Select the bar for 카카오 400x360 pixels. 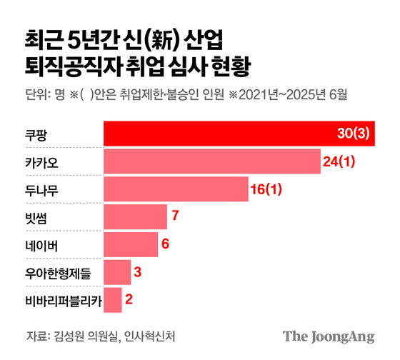[211, 161]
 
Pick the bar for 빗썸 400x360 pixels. [136, 216]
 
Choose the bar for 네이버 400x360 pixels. [131, 244]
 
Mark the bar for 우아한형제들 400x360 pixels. [118, 272]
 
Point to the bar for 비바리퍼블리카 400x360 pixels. [113, 300]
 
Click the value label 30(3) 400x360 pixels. [353, 134]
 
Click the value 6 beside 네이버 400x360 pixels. [165, 244]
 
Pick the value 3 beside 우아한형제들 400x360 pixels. [138, 272]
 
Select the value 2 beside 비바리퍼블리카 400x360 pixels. [129, 300]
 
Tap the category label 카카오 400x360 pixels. [41, 161]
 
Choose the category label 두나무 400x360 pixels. [41, 189]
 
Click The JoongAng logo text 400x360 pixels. [329, 336]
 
